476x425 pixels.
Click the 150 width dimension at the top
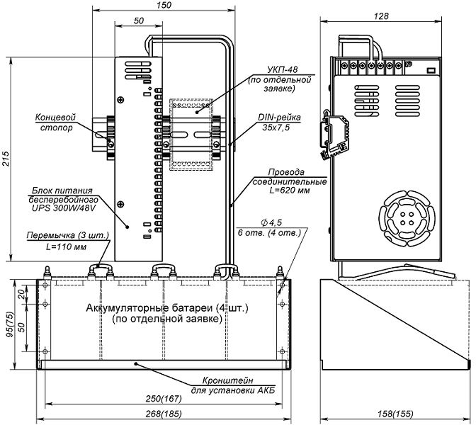pos(164,6)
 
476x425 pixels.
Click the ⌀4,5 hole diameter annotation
pos(284,226)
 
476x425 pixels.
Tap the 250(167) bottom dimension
pos(164,401)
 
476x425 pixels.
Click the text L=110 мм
pos(60,248)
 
